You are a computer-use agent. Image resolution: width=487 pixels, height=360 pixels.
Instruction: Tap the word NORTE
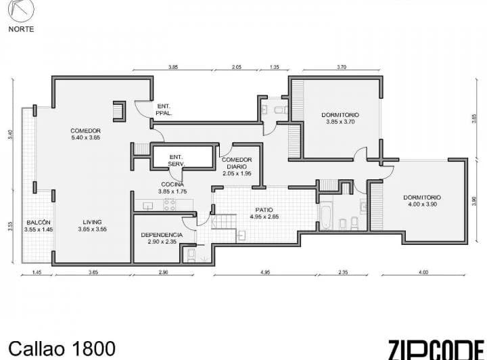tap(21, 29)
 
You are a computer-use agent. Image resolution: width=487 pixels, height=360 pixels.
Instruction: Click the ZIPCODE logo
tap(436, 348)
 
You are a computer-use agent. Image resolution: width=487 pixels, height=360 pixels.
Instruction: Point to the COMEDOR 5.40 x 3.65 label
tap(85, 134)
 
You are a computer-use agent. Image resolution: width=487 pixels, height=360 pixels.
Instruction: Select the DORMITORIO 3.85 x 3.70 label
tap(340, 118)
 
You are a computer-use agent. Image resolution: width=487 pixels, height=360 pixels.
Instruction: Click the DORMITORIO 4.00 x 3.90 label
tap(422, 201)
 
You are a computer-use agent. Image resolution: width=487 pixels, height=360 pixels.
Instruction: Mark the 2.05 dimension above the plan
tap(236, 68)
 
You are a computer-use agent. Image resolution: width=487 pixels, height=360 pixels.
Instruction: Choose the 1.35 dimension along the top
tap(274, 68)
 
